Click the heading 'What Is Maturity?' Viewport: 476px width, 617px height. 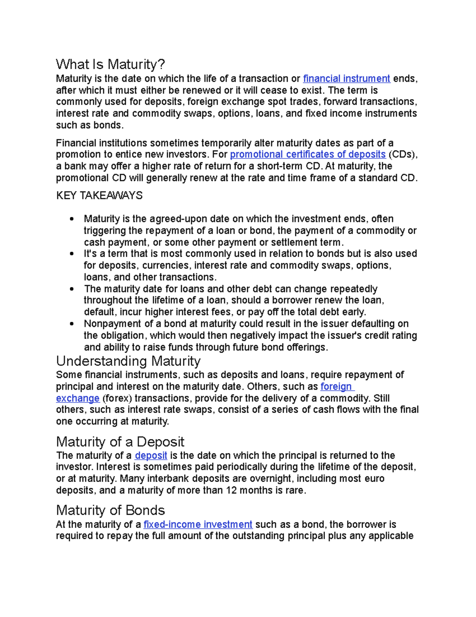tap(110, 64)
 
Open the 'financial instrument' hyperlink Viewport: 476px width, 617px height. tap(347, 79)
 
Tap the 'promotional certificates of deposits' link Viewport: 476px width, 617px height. tap(308, 155)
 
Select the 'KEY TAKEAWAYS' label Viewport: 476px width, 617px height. tap(99, 195)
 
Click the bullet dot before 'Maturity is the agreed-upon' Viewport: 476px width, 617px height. tap(71, 219)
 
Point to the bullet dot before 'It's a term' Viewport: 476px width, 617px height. tap(71, 254)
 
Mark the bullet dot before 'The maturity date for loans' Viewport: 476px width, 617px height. tap(71, 289)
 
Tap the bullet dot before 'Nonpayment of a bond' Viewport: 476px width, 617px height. tap(71, 324)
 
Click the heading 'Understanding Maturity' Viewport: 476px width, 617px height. tap(128, 361)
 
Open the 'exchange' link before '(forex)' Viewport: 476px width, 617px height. tap(78, 398)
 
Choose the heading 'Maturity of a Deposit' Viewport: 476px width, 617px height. tap(120, 442)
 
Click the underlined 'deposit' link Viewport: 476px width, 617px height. tap(151, 456)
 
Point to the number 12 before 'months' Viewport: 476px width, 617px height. tap(231, 491)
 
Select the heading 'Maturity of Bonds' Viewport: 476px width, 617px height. tap(110, 511)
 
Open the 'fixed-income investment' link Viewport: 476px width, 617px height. tap(198, 524)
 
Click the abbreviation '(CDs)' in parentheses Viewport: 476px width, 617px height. tap(403, 155)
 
